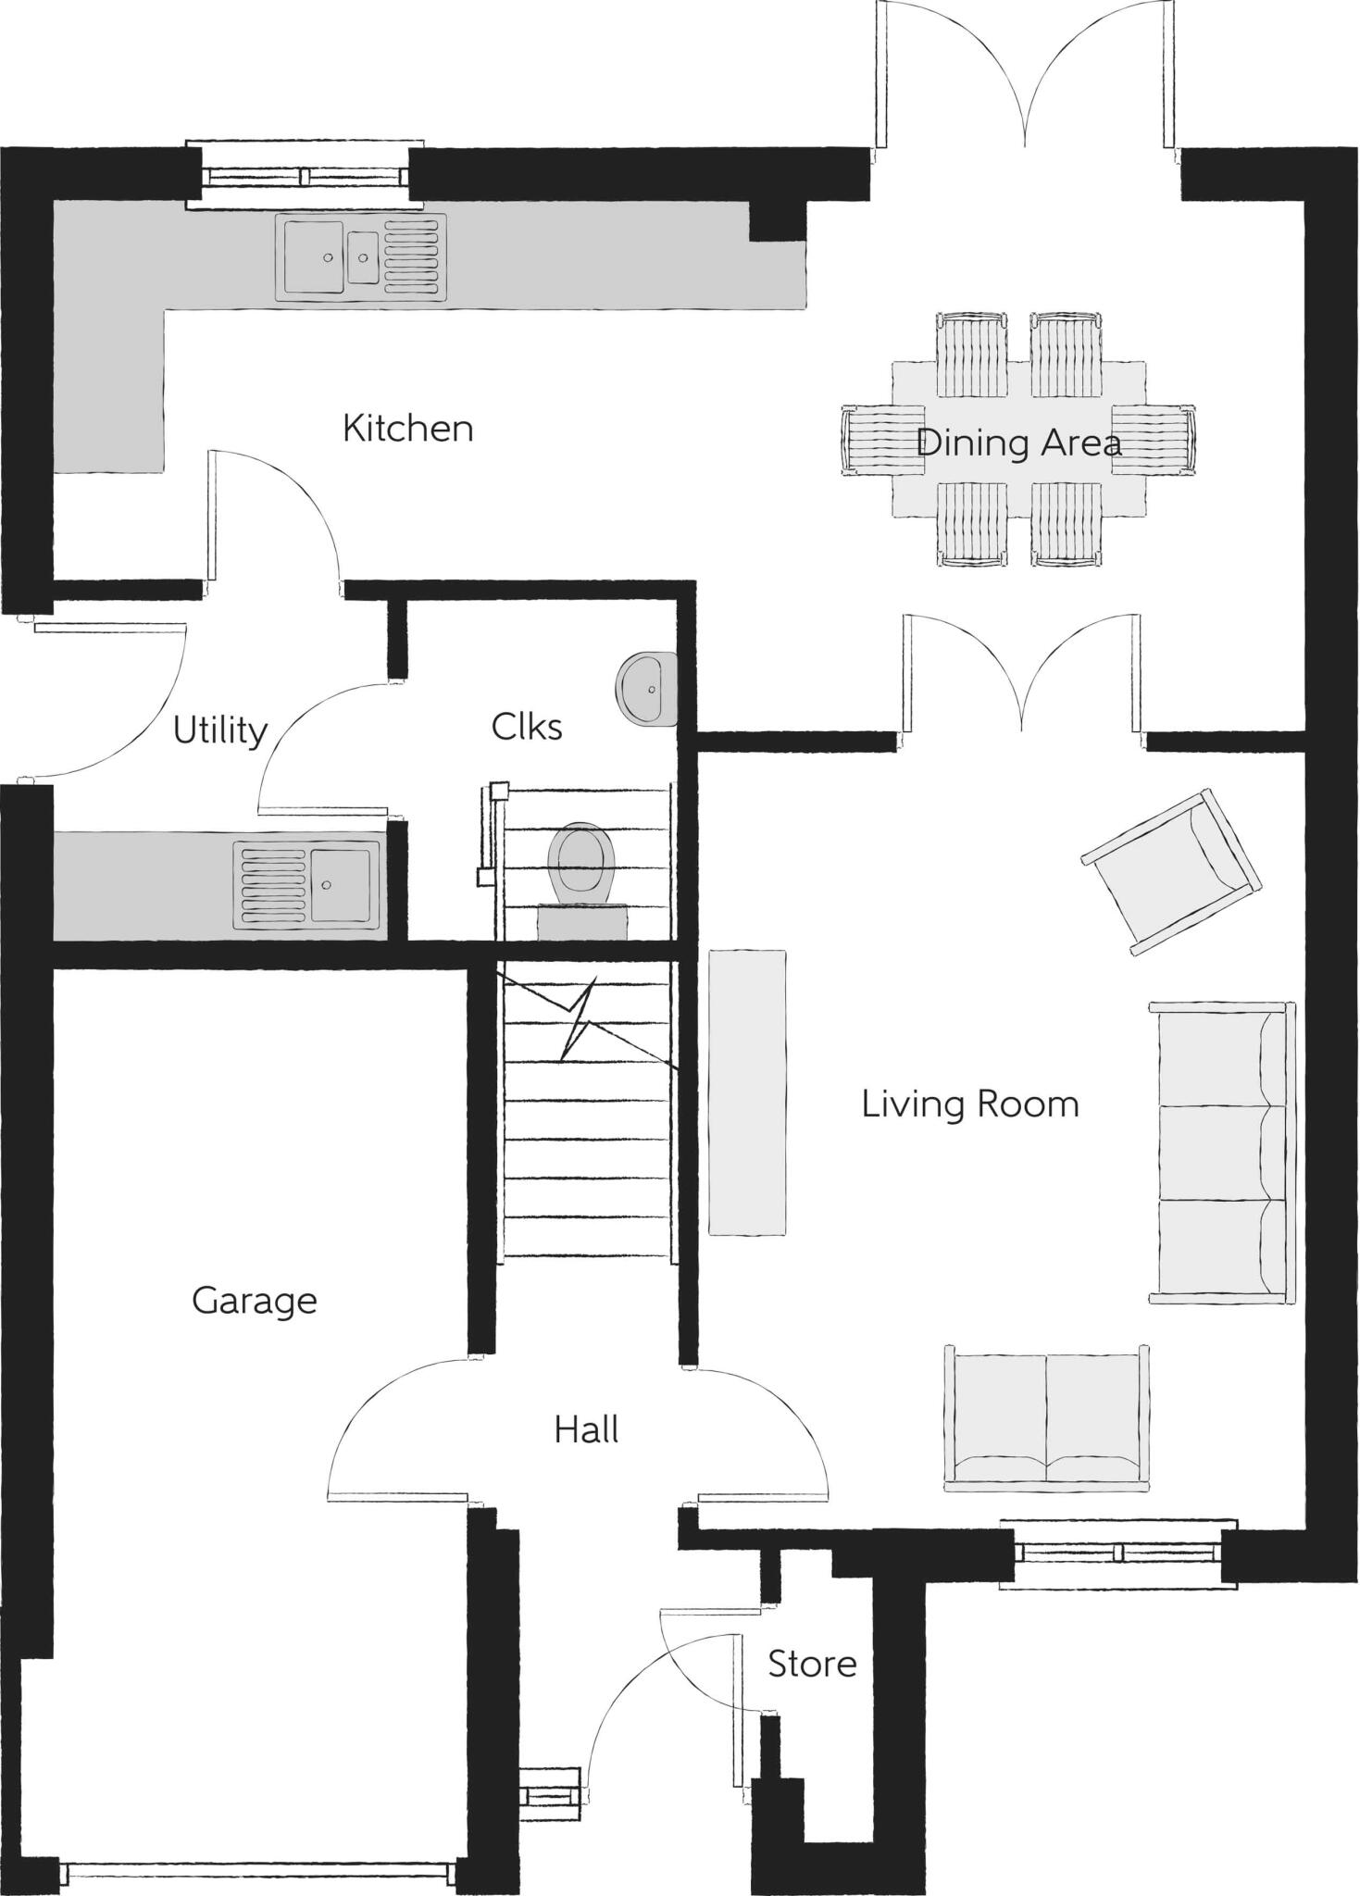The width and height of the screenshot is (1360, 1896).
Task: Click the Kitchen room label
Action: pos(407,429)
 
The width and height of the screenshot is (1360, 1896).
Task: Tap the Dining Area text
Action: pos(1017,443)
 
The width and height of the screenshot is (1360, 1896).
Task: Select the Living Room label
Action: pos(969,1104)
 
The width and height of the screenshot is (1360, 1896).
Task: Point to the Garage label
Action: pos(254,1301)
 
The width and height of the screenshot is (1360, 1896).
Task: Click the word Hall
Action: pos(586,1430)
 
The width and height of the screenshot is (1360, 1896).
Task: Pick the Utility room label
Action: pos(220,730)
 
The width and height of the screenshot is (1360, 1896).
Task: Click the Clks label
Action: pos(526,727)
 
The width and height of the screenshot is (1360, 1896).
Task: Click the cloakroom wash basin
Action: pos(645,689)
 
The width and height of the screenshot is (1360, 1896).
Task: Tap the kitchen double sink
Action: pos(361,257)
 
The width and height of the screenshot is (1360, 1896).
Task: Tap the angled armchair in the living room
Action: pos(1170,870)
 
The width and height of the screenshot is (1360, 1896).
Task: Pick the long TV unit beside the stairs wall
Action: pos(747,1092)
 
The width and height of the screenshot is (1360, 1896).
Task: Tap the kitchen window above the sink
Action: pos(305,175)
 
